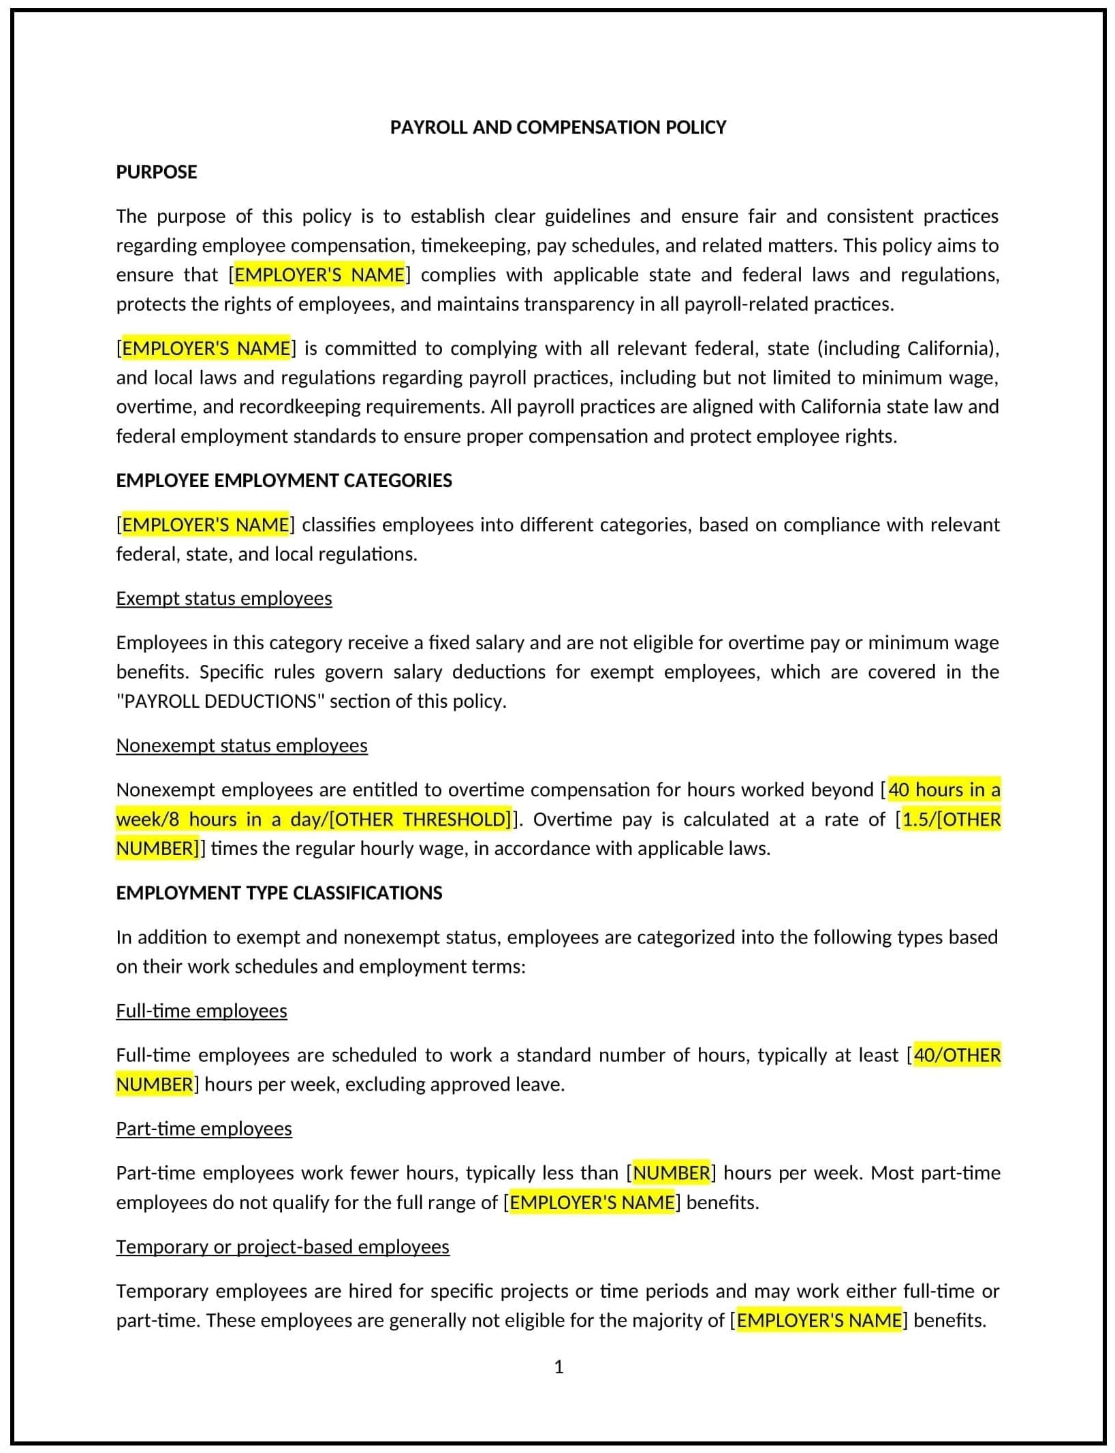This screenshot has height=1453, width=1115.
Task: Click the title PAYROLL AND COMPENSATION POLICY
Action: (x=558, y=127)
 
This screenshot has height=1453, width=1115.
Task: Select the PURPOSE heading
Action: (x=157, y=172)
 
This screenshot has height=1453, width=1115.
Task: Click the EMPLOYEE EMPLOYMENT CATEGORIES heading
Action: (x=283, y=480)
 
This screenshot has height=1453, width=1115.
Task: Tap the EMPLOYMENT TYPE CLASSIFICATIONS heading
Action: (x=279, y=892)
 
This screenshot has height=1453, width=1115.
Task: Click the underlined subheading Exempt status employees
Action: (x=224, y=598)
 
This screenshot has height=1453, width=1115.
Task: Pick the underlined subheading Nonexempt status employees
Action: (x=242, y=745)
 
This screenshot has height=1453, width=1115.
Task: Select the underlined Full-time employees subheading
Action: (x=202, y=1010)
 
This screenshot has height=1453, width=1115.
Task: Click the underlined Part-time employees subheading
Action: (x=204, y=1128)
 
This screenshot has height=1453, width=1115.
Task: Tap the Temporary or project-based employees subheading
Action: (x=283, y=1246)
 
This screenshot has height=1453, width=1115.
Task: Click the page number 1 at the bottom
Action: (x=559, y=1366)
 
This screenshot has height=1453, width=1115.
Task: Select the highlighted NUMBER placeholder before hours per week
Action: (x=672, y=1172)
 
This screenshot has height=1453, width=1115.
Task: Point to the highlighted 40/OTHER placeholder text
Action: (x=957, y=1054)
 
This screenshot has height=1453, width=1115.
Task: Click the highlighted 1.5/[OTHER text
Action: (x=952, y=819)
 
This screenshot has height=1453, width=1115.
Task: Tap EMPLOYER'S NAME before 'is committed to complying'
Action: (x=206, y=348)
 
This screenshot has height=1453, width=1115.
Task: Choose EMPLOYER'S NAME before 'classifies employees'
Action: (x=205, y=525)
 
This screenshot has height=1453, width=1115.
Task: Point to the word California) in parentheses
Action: (x=953, y=348)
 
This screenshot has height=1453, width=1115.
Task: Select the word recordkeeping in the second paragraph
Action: (x=305, y=407)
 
